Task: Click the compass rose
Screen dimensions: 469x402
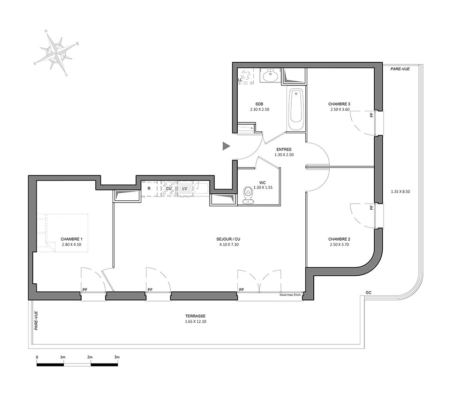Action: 57,53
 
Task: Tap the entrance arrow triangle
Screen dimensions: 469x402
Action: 226,146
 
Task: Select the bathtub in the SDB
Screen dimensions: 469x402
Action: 296,109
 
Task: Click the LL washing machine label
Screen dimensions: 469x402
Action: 240,80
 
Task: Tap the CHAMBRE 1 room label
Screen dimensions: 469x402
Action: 71,239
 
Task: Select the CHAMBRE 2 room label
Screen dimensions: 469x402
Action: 339,239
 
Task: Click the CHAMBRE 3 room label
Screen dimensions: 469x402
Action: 339,104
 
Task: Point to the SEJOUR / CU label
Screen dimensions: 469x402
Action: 228,239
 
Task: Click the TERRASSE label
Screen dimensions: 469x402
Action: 195,316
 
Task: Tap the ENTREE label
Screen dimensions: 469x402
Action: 284,150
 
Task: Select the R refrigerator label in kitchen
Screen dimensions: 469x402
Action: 149,189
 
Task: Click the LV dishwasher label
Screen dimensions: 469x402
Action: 185,189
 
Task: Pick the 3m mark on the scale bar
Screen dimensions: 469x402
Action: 117,357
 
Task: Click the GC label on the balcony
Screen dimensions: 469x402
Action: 369,292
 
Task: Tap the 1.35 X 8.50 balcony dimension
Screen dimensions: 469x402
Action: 400,191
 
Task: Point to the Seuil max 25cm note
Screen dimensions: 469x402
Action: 290,295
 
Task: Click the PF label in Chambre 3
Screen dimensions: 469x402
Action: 372,114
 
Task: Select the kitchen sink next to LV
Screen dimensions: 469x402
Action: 201,189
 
